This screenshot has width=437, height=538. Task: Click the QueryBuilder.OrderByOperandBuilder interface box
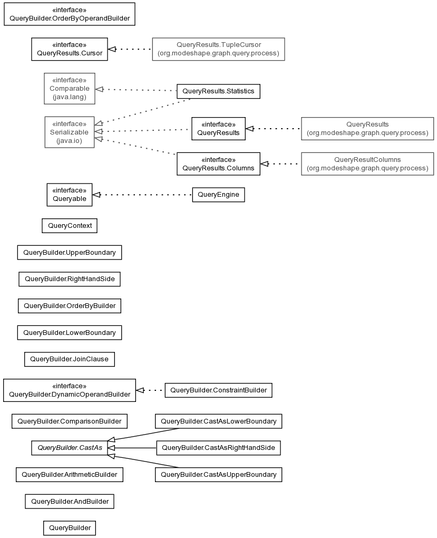coord(69,14)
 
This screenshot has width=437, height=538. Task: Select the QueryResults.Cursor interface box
coord(69,49)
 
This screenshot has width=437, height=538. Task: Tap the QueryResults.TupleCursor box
coord(218,49)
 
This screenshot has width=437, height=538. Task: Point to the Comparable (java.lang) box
coord(69,89)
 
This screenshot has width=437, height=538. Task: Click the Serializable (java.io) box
coord(69,132)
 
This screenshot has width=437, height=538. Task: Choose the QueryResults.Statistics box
coord(218,91)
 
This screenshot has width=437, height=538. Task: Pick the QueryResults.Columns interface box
coord(218,164)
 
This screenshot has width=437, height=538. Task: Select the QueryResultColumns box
coord(367,164)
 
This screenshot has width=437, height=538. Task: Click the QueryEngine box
coord(218,195)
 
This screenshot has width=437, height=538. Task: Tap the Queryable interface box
coord(69,195)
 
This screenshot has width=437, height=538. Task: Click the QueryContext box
coord(70,226)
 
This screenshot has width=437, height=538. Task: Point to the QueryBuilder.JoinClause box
coord(69,359)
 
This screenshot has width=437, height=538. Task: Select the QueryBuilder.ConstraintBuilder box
coord(218,390)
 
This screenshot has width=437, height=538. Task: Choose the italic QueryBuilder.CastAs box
coord(69,448)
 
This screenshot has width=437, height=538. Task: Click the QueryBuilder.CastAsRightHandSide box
coord(218,448)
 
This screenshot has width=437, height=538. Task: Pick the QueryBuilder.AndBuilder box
coord(69,501)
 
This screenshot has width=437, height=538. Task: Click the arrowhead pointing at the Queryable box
coord(96,195)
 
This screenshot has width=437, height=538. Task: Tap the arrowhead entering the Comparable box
coord(99,89)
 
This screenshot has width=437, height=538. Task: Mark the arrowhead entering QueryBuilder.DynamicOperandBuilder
coord(140,390)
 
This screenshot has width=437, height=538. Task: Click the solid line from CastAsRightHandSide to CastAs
coord(132,448)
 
